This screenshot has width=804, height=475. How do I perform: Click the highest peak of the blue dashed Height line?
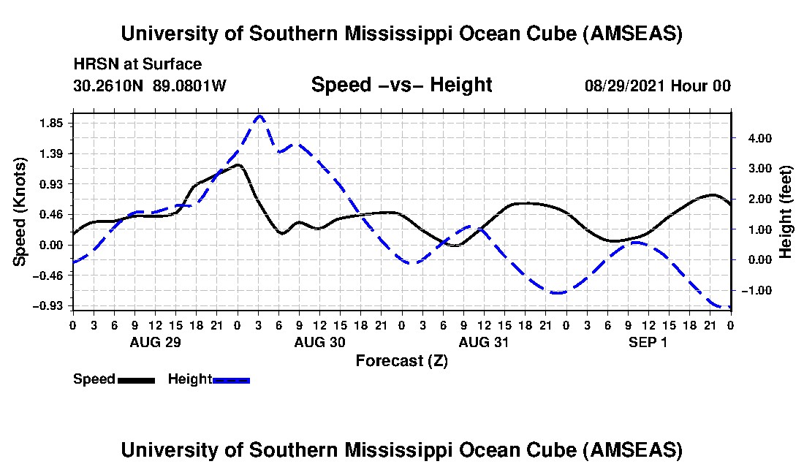259,115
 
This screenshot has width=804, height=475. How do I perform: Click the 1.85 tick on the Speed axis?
53,123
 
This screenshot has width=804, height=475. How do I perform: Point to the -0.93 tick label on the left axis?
51,305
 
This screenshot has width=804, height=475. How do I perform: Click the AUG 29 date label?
155,342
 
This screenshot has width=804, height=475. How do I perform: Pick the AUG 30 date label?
319,342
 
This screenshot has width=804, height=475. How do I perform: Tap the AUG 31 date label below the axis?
484,342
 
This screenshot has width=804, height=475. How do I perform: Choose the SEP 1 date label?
648,342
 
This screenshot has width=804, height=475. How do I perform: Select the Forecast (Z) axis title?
401,361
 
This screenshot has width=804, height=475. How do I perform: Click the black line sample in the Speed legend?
136,380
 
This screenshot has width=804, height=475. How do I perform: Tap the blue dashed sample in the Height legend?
231,380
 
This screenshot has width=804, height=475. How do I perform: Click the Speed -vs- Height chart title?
401,85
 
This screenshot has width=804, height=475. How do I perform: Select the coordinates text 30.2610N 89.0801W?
150,85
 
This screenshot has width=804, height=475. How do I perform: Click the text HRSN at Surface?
137,65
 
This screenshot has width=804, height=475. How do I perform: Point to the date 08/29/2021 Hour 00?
657,85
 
